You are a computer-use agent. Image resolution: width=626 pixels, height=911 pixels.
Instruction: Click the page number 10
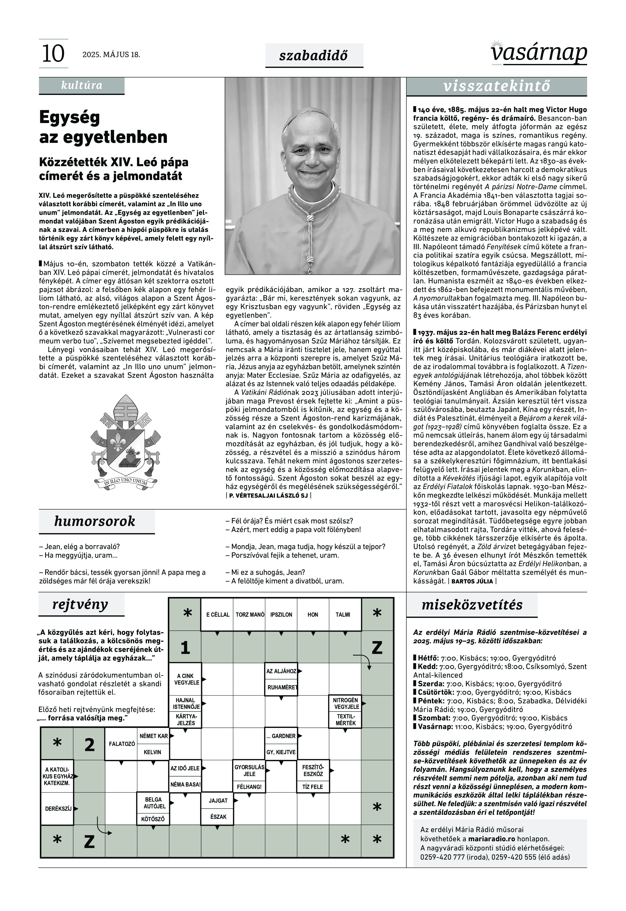[x=53, y=54]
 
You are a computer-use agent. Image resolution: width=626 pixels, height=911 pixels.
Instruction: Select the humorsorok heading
[x=95, y=521]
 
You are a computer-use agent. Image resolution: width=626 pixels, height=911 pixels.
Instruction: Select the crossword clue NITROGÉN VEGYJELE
[x=345, y=703]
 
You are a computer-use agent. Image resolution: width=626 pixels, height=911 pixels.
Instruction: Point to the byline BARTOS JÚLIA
[x=472, y=581]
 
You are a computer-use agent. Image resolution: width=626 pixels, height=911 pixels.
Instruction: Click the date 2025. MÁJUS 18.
[x=111, y=55]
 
